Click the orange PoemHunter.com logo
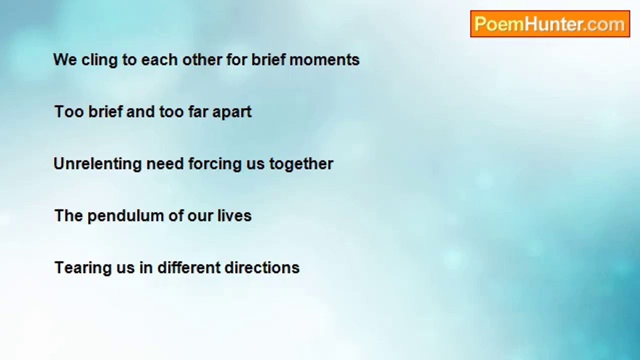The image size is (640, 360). [550, 24]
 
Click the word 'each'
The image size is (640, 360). [159, 59]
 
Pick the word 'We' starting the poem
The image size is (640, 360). [65, 59]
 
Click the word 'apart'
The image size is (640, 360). [232, 112]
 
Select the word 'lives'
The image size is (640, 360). [234, 215]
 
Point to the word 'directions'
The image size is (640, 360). [262, 267]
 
